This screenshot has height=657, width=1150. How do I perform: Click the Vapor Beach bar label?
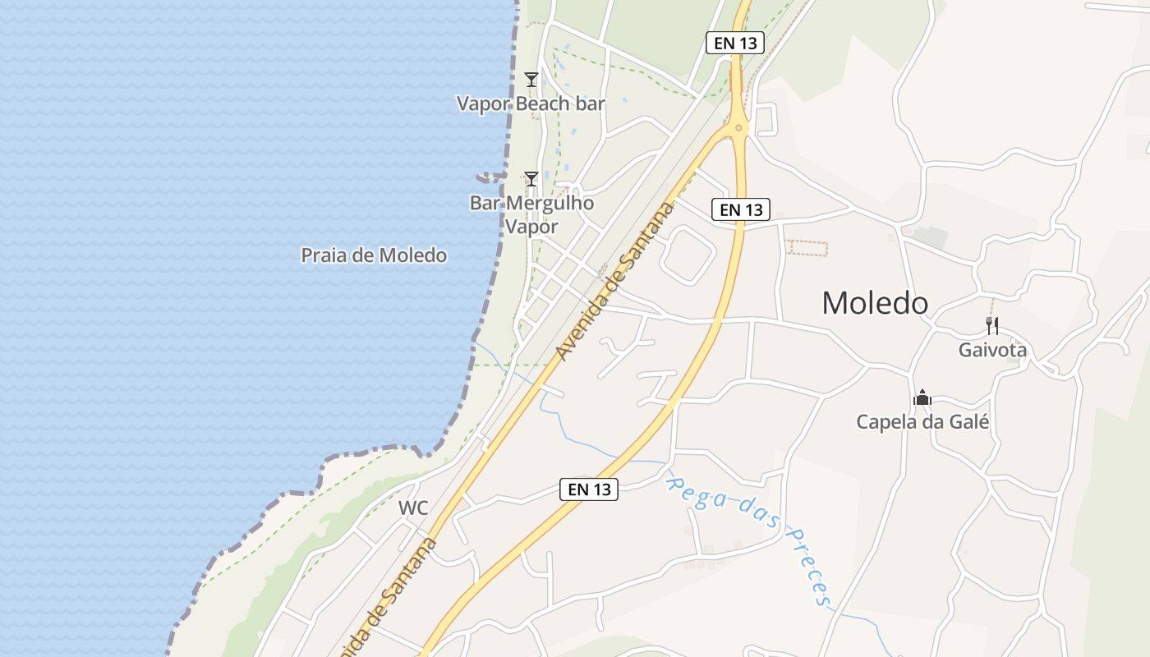tap(531, 104)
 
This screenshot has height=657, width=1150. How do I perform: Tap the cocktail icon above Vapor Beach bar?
tap(531, 80)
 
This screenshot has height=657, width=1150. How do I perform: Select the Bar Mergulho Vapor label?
tap(531, 214)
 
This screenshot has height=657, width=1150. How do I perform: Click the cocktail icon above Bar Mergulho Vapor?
tap(531, 178)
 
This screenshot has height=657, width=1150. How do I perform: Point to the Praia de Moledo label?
tap(374, 255)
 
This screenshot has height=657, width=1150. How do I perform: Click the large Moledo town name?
tap(875, 303)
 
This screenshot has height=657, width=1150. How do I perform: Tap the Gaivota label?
tap(992, 350)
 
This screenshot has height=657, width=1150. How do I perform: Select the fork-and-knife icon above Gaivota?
tap(992, 326)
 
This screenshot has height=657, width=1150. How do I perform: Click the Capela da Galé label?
tap(922, 422)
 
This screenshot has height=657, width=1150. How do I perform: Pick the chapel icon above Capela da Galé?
tap(922, 398)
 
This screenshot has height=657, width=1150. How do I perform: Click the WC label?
tap(413, 508)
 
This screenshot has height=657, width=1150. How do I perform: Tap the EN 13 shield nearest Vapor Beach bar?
tap(735, 44)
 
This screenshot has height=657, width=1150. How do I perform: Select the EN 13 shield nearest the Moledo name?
tap(741, 210)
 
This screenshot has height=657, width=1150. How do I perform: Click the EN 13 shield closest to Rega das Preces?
tap(589, 489)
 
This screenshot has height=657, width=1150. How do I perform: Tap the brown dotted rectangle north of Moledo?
tap(807, 247)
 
